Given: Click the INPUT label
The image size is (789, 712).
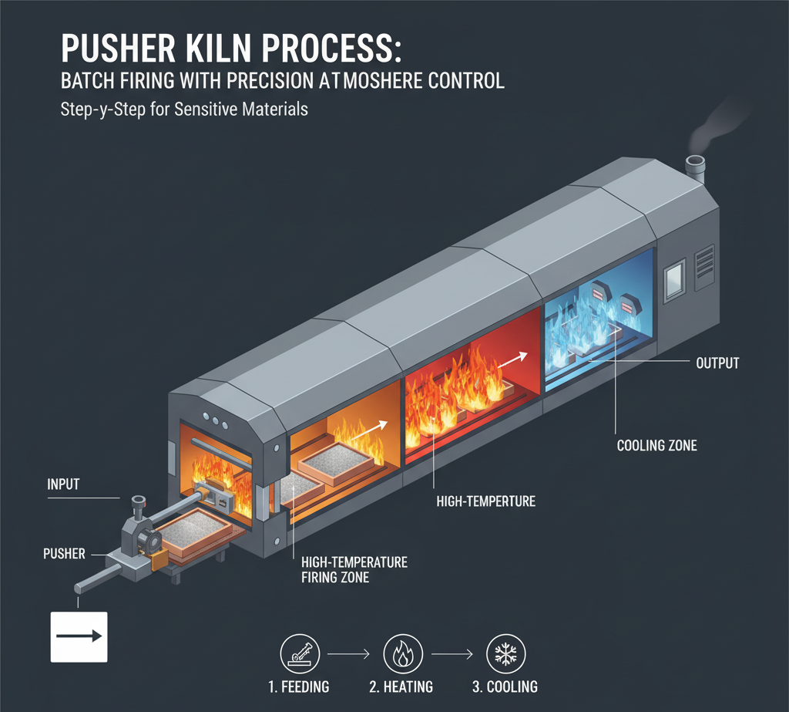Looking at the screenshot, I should (x=64, y=485).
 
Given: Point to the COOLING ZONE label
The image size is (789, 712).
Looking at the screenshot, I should (x=657, y=446).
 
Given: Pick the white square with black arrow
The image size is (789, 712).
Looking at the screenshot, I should (x=79, y=636).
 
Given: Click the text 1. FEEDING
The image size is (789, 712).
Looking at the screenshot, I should (x=300, y=687).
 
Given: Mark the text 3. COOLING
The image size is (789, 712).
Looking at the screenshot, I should (x=505, y=687).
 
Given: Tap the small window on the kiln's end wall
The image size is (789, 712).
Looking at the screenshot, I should (x=675, y=275).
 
